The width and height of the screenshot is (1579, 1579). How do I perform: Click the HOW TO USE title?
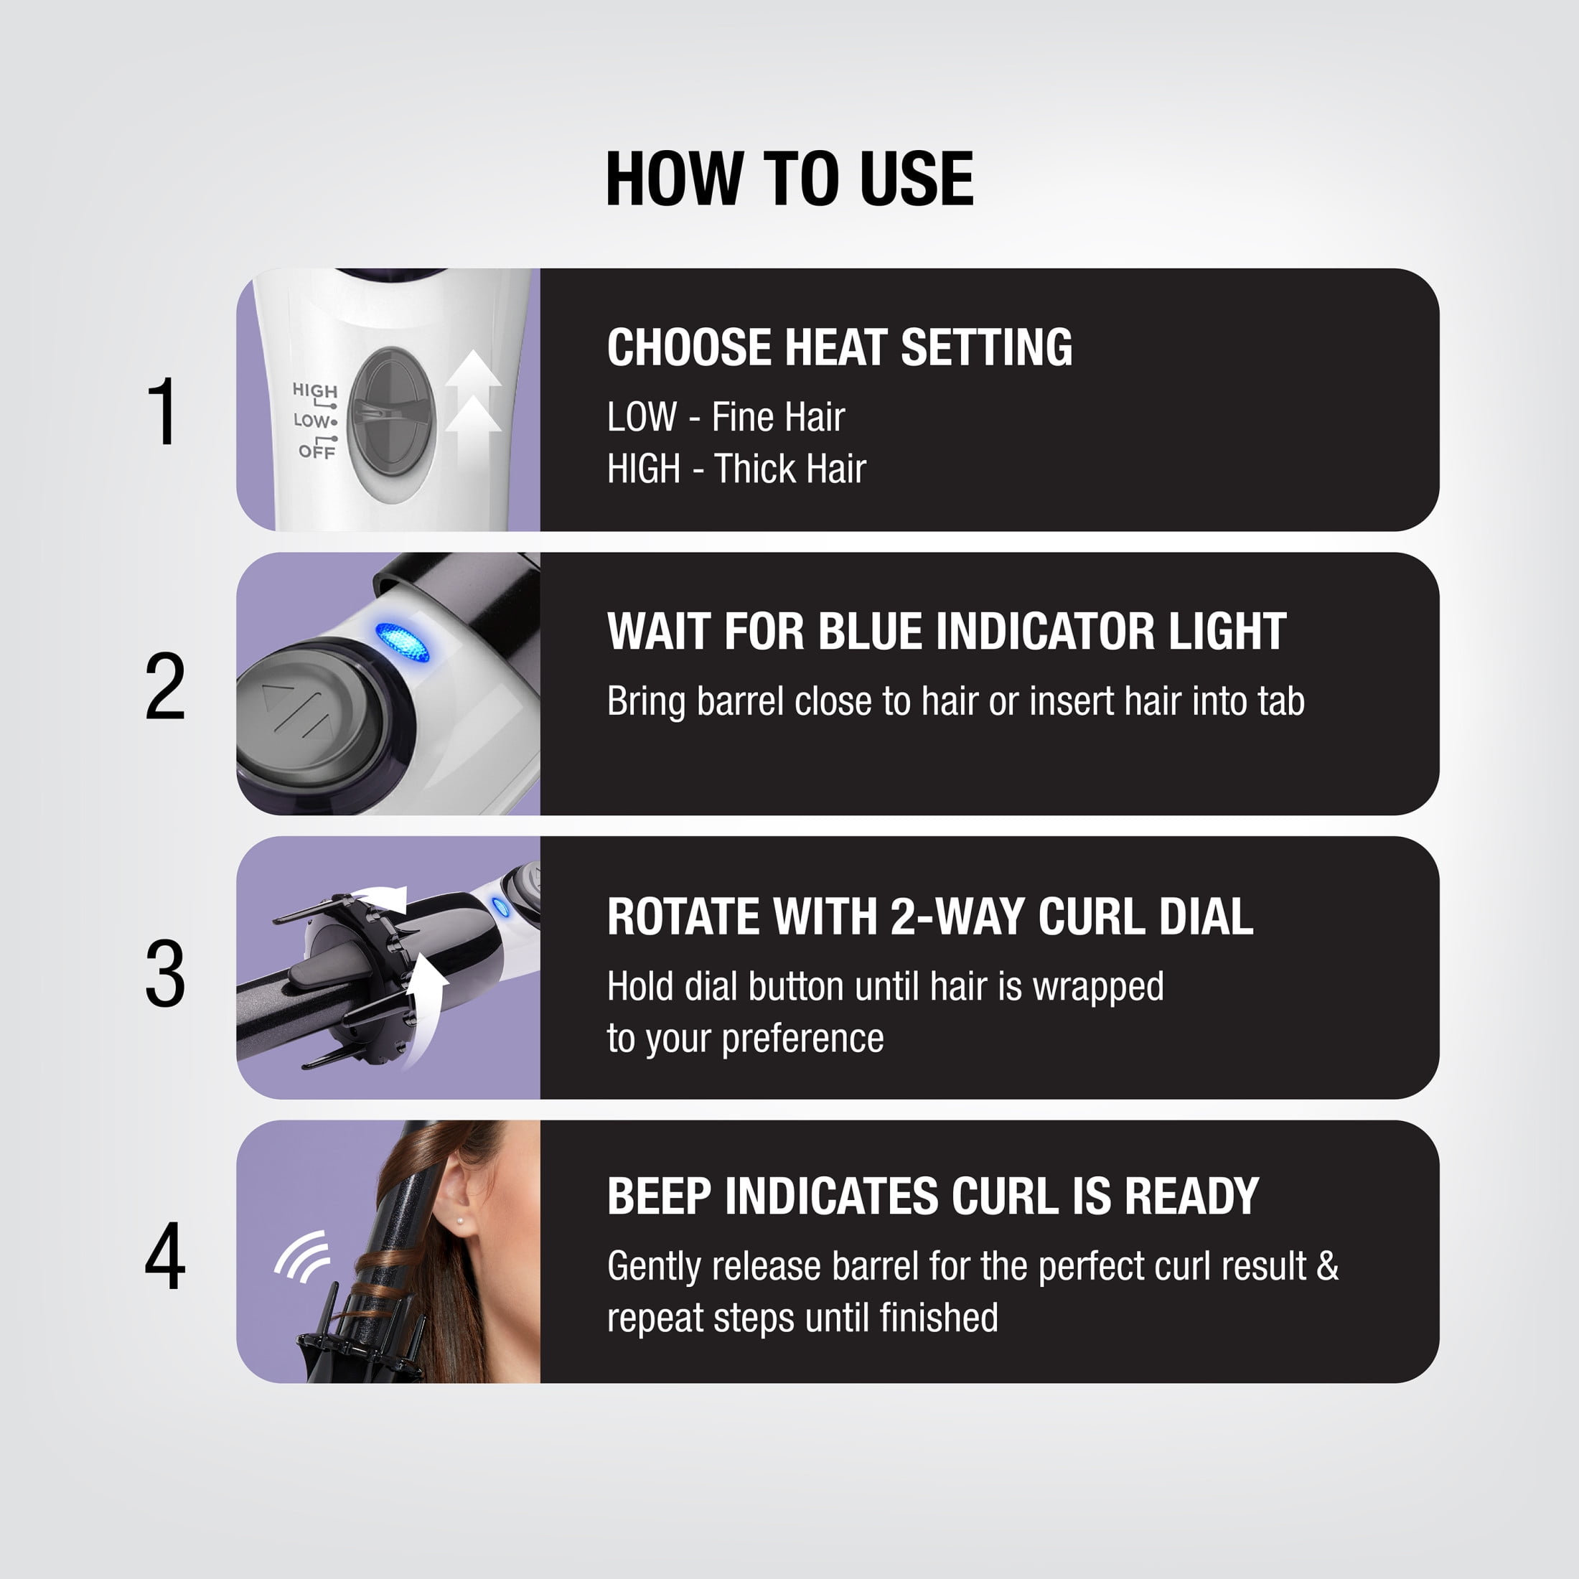click(789, 178)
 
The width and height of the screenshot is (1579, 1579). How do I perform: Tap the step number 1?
click(164, 411)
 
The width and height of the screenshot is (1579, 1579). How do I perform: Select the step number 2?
click(165, 687)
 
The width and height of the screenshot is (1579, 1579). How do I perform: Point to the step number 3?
click(165, 973)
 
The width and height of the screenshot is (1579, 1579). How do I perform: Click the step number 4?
click(165, 1256)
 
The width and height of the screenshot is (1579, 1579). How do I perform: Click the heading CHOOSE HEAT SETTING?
click(839, 347)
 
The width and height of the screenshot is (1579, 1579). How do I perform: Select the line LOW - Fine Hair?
click(726, 417)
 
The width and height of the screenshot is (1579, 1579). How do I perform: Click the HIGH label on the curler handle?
click(314, 390)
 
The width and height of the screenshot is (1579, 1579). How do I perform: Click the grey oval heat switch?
click(393, 413)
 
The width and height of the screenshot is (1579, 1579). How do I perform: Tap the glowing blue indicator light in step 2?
click(402, 642)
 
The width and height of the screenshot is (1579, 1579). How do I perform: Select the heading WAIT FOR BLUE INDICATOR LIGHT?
click(947, 632)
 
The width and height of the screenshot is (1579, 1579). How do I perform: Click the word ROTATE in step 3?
click(685, 917)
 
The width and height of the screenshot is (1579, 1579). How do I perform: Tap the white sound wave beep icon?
click(302, 1256)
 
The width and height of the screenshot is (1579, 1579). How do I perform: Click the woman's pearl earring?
click(461, 1220)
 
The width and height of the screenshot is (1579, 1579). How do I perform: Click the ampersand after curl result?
click(1328, 1266)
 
